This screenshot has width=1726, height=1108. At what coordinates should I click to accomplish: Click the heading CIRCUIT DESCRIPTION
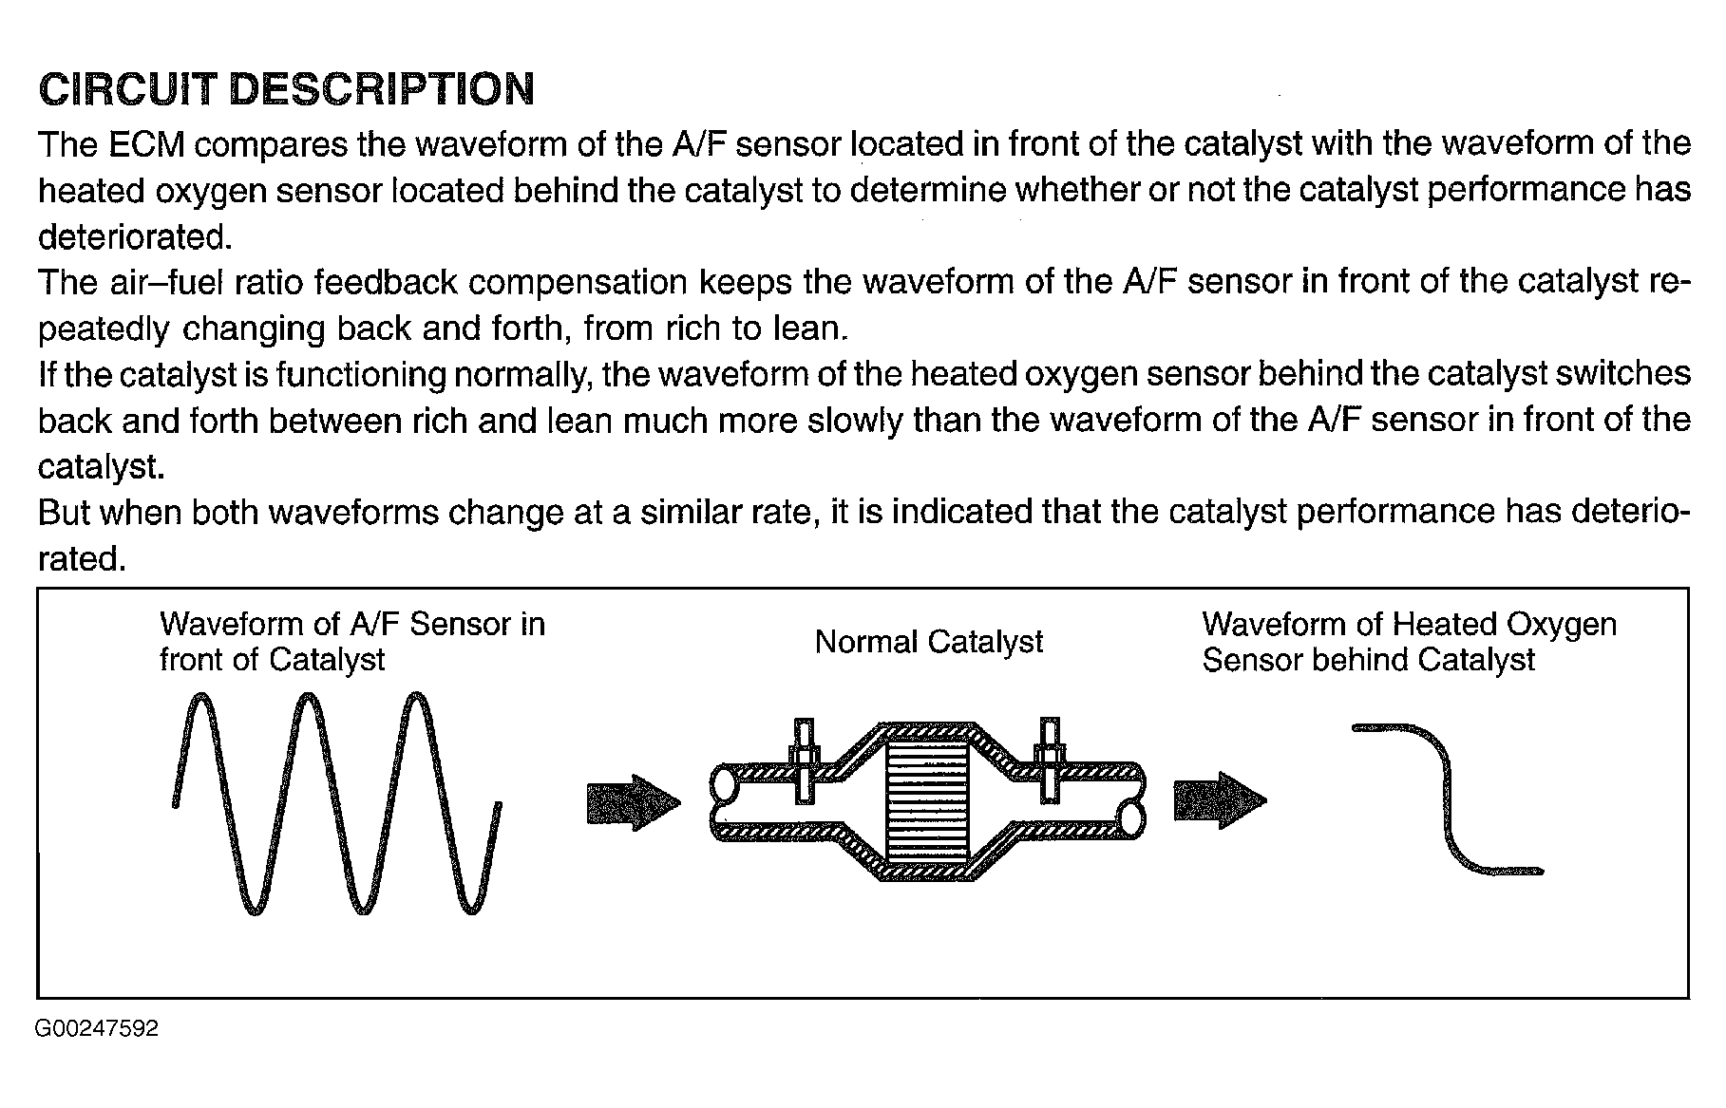click(x=286, y=89)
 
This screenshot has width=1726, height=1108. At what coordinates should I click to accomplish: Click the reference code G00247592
click(x=96, y=1029)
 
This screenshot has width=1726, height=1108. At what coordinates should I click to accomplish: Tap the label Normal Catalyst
click(x=928, y=643)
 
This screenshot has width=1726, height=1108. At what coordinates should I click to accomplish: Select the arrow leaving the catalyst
click(x=1220, y=800)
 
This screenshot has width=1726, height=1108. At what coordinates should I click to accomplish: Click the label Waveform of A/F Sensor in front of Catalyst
click(x=351, y=642)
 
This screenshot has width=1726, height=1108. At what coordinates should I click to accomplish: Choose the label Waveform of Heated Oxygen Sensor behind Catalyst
click(x=1409, y=642)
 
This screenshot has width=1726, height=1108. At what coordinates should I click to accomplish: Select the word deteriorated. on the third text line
click(x=134, y=237)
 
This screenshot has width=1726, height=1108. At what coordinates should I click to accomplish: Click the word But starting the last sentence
click(x=64, y=513)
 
